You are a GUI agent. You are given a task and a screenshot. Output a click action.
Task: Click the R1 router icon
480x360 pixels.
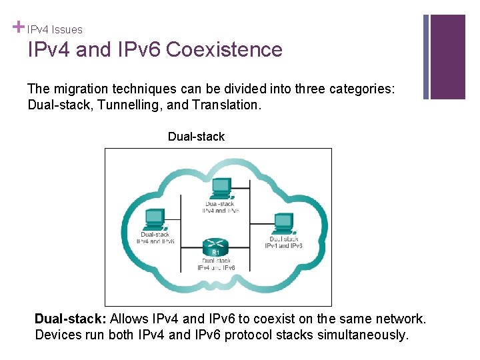215,245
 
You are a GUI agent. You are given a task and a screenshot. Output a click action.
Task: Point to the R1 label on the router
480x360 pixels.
215,253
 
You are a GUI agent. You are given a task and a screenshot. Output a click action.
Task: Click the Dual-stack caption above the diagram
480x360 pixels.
196,137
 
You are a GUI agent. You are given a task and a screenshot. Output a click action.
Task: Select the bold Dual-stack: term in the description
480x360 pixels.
71,319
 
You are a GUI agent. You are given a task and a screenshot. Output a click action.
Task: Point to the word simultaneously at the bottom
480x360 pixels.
360,335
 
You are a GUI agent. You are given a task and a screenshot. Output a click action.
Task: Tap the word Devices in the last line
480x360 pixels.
57,335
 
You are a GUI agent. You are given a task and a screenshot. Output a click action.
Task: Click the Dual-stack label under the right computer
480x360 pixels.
284,239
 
